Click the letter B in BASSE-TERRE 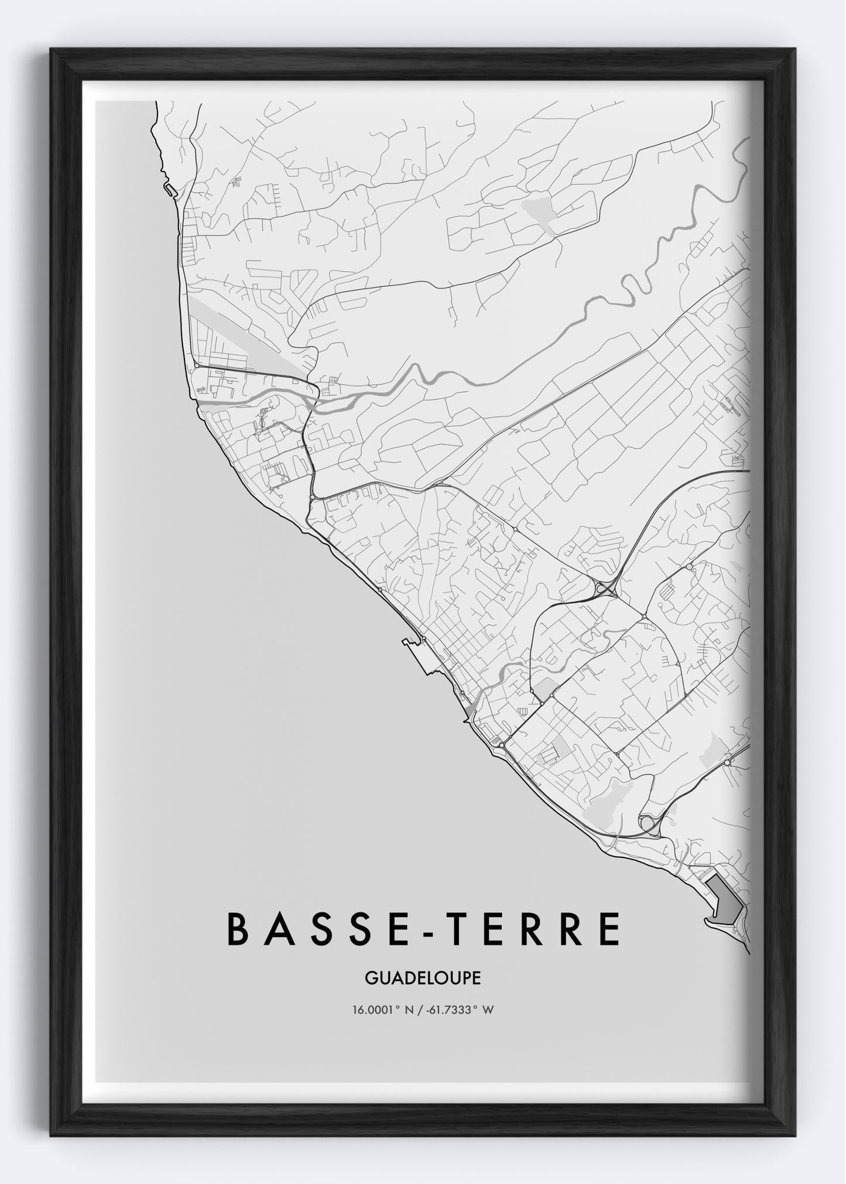pos(238,929)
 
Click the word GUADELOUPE pos(423,978)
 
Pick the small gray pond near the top pos(539,207)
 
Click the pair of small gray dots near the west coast pos(201,388)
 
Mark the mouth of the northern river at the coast pos(203,402)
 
